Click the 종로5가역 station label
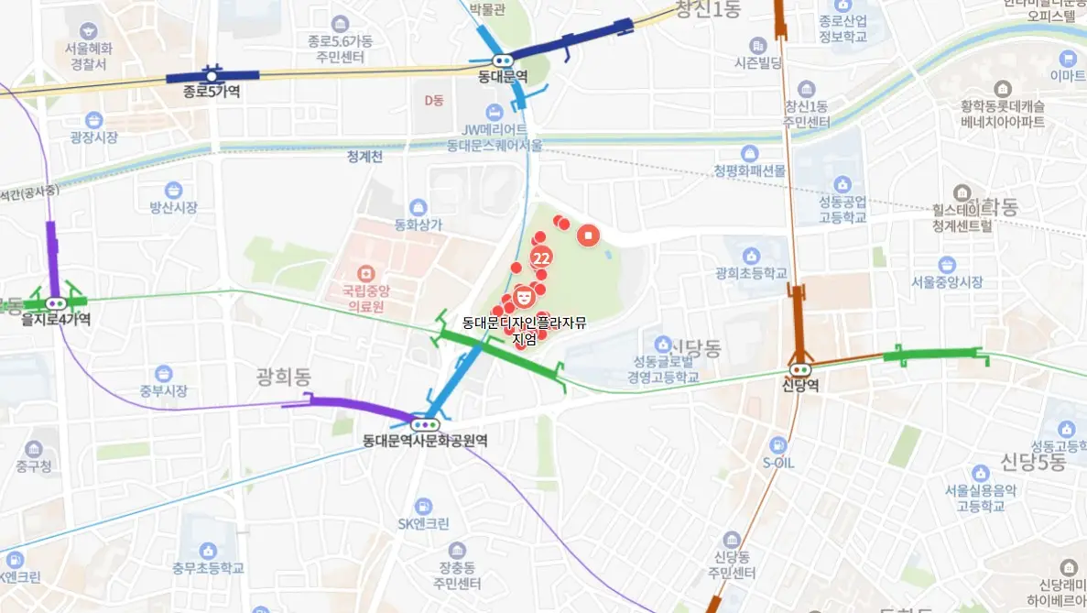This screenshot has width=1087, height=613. [x=203, y=91]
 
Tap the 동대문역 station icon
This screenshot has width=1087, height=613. [x=503, y=60]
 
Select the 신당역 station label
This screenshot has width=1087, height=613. [x=800, y=385]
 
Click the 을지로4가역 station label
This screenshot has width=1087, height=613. [x=57, y=319]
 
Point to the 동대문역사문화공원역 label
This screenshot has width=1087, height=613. [x=425, y=441]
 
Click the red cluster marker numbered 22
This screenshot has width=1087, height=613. [x=541, y=257]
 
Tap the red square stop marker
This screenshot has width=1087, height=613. [x=589, y=235]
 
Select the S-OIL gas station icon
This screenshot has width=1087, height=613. [x=777, y=445]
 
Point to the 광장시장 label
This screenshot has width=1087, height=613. [x=93, y=137]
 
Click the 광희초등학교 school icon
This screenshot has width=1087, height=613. [x=752, y=256]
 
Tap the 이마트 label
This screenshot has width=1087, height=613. [x=1068, y=75]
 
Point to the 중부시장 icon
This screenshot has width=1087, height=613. [x=163, y=374]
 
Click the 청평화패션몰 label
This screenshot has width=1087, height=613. [x=750, y=170]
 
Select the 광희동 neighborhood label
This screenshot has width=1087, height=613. [x=286, y=377]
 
